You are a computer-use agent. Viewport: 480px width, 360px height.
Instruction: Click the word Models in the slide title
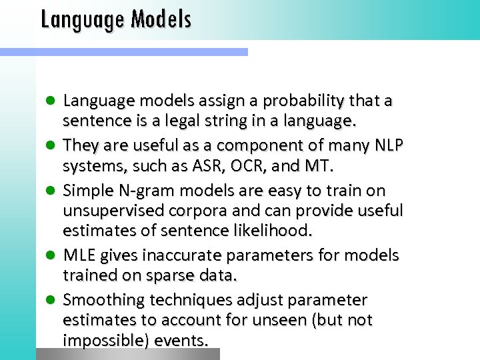tap(161, 20)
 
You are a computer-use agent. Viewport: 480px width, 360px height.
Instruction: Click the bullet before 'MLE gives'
tap(50, 256)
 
